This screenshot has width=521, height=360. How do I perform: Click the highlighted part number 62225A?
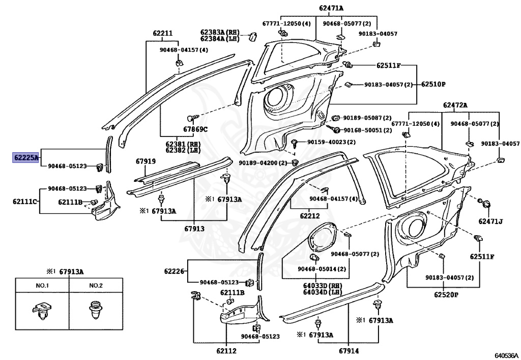pyautogui.click(x=25, y=158)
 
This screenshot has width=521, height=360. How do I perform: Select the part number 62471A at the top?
pyautogui.click(x=331, y=8)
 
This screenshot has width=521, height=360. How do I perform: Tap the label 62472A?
pyautogui.click(x=455, y=105)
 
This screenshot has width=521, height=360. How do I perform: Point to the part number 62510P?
pyautogui.click(x=433, y=84)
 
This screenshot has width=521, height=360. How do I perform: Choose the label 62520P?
pyautogui.click(x=446, y=294)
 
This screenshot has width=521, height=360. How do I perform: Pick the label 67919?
pyautogui.click(x=146, y=161)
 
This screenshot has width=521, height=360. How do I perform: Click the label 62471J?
pyautogui.click(x=490, y=221)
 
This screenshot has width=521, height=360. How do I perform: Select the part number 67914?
pyautogui.click(x=348, y=351)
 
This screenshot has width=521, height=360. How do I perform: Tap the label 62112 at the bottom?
pyautogui.click(x=226, y=351)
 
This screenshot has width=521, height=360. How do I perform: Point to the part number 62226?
pyautogui.click(x=174, y=271)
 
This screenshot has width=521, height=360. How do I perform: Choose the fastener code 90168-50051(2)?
pyautogui.click(x=366, y=130)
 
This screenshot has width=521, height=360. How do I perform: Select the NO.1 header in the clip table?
pyautogui.click(x=42, y=286)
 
